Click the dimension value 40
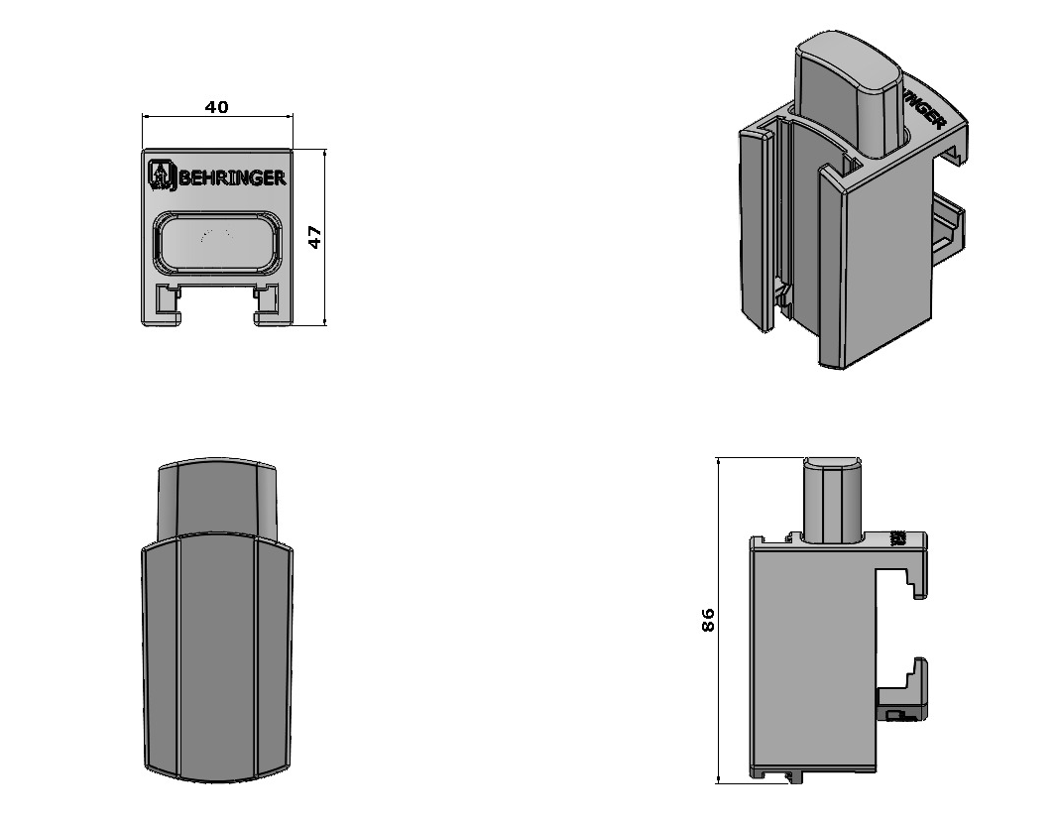pos(216,107)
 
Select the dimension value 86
pos(708,620)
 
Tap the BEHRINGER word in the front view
pos(233,178)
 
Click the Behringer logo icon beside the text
pos(161,174)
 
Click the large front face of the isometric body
pos(882,268)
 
